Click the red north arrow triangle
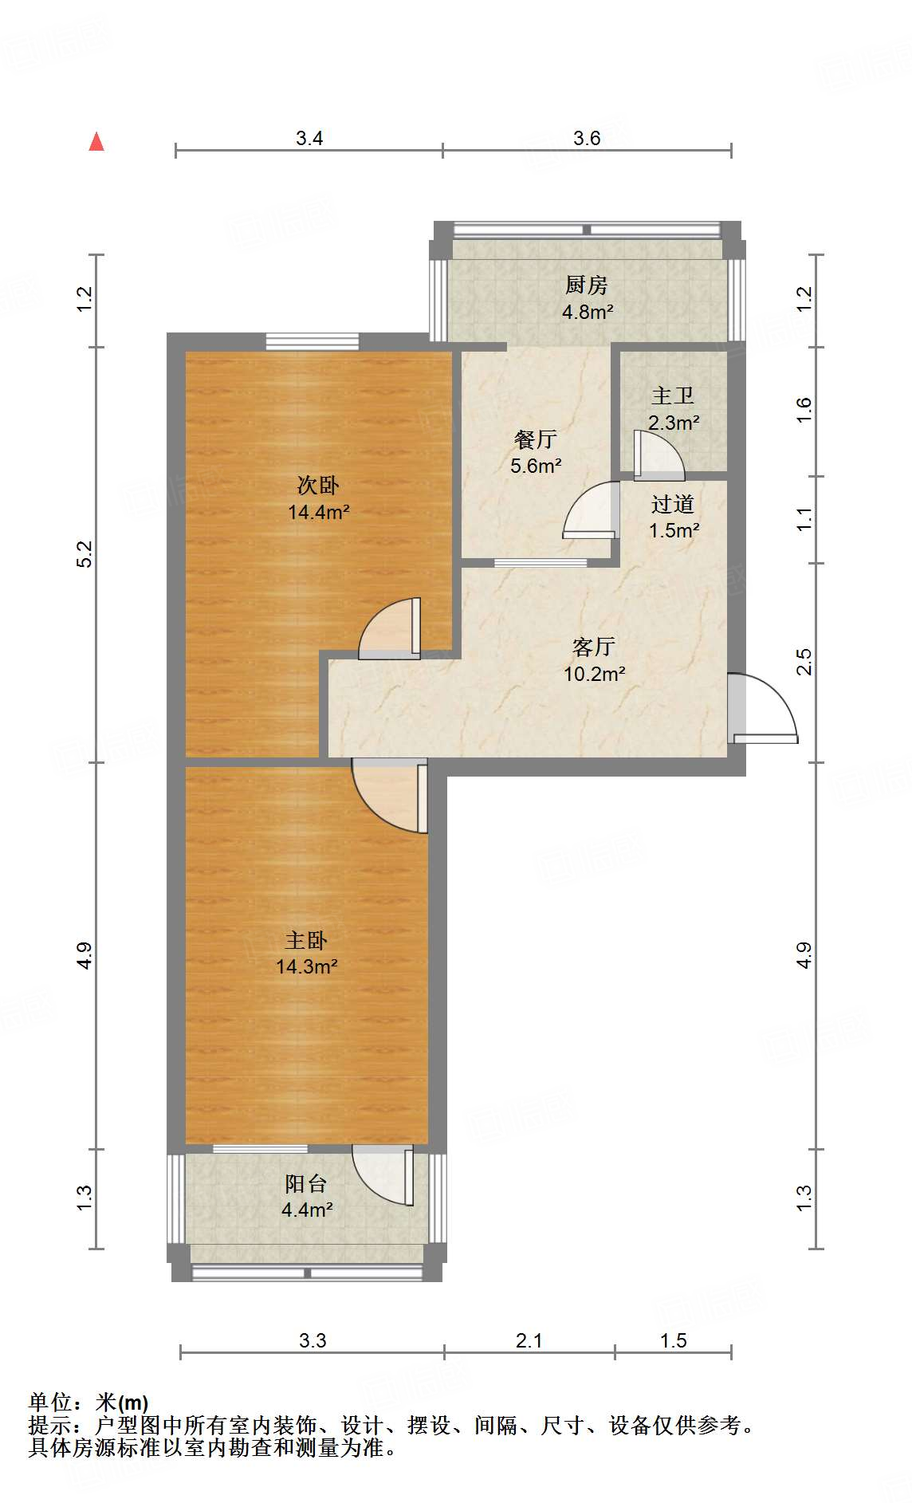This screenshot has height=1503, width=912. (x=96, y=142)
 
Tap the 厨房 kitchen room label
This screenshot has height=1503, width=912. (x=587, y=285)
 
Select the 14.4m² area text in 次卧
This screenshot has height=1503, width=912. (x=318, y=512)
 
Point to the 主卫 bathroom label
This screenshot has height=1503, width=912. (x=673, y=395)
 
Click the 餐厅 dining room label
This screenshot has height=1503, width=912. (x=535, y=439)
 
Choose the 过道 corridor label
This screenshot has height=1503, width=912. (x=673, y=504)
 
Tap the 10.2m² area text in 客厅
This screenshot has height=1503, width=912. (x=594, y=674)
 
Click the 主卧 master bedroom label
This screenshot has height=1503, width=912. (x=307, y=940)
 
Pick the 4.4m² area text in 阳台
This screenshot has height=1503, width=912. (x=307, y=1210)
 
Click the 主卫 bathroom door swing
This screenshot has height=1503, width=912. (x=659, y=456)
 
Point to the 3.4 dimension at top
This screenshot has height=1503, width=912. (x=309, y=138)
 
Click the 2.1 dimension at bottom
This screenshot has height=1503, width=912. (x=529, y=1340)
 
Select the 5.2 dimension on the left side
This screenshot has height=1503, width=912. (x=85, y=554)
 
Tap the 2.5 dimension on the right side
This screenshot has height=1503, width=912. (x=804, y=663)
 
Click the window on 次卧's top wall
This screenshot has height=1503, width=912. (x=312, y=341)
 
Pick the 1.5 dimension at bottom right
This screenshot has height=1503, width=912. (x=674, y=1340)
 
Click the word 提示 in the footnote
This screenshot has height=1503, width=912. (x=49, y=1425)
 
